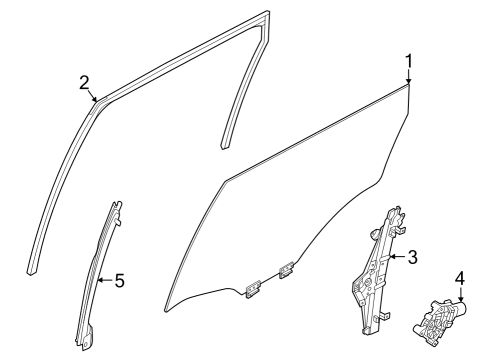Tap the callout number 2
tap(84, 82)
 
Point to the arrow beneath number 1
tap(408, 82)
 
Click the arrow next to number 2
tap(94, 98)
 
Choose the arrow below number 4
tap(459, 295)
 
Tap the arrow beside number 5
tap(104, 281)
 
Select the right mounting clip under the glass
tap(286, 270)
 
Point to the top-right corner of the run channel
tap(268, 15)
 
